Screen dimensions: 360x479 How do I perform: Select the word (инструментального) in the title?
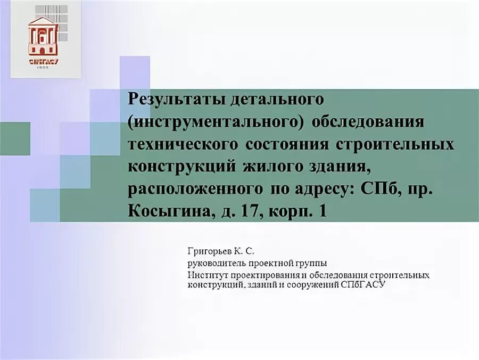216,122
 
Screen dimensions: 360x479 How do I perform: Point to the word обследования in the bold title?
368,122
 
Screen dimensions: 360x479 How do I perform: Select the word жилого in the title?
265,167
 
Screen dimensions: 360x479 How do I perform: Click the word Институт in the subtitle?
205,275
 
